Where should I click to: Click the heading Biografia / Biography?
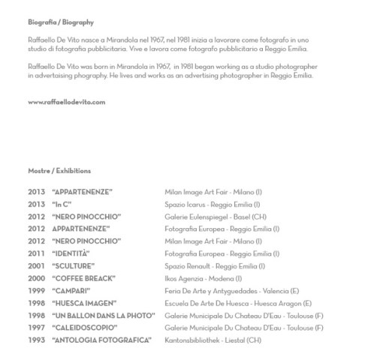click(62, 23)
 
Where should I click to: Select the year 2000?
click(37, 277)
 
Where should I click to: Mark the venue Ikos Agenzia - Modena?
click(208, 277)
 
